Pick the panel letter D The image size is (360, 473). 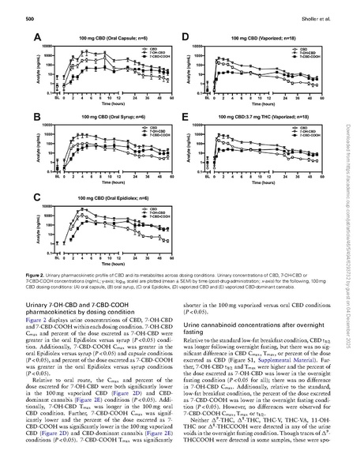(186, 37)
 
